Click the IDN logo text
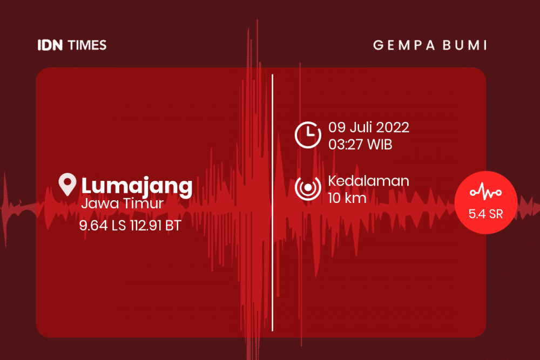(x=50, y=45)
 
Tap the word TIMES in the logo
(x=87, y=45)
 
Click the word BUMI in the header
(x=465, y=45)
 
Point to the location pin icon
(x=67, y=184)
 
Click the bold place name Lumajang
(x=137, y=186)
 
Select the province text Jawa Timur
(x=122, y=203)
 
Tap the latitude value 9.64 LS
(x=103, y=226)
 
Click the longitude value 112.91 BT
(x=156, y=226)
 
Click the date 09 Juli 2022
(x=368, y=127)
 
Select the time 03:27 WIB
(x=360, y=145)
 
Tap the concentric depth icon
(x=308, y=187)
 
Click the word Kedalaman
(x=368, y=181)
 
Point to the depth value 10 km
(x=347, y=198)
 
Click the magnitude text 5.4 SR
(x=486, y=214)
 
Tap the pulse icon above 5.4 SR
(x=486, y=192)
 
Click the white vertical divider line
(x=272, y=203)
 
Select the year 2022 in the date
(x=392, y=127)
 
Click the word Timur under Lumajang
(x=144, y=203)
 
